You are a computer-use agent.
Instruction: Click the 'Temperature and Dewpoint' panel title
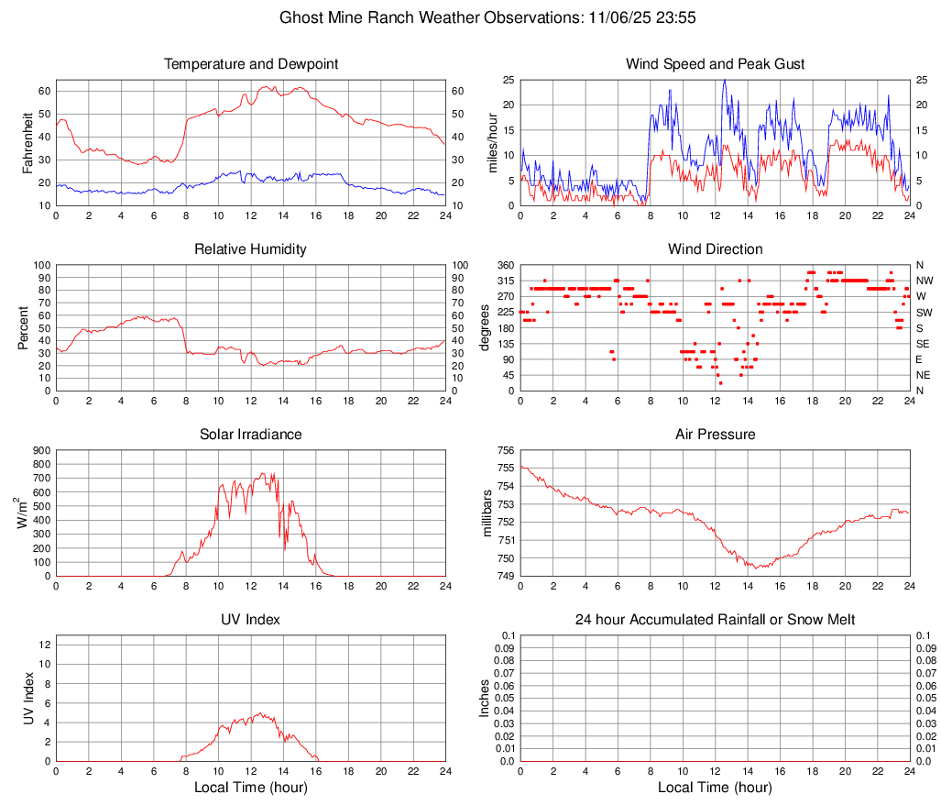pos(250,64)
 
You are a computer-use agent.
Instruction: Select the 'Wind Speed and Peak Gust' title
pos(715,64)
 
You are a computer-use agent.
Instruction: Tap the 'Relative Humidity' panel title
pos(250,249)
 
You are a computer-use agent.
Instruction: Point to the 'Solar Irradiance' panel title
pos(250,434)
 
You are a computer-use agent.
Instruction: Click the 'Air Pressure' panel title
pos(715,434)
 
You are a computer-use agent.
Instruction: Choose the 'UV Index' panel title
pos(250,620)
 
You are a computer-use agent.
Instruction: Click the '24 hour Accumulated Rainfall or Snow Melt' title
pos(715,620)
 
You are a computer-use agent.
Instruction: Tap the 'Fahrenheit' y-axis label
pos(27,142)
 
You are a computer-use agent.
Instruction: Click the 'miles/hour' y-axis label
pos(492,142)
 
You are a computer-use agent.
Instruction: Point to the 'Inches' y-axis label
pos(486,698)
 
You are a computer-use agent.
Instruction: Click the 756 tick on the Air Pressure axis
pos(505,450)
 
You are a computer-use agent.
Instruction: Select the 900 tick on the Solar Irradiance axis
pos(40,450)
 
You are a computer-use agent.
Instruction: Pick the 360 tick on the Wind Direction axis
pos(505,265)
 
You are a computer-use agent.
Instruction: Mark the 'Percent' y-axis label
pos(23,327)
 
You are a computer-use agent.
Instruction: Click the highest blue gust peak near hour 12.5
pos(724,81)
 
